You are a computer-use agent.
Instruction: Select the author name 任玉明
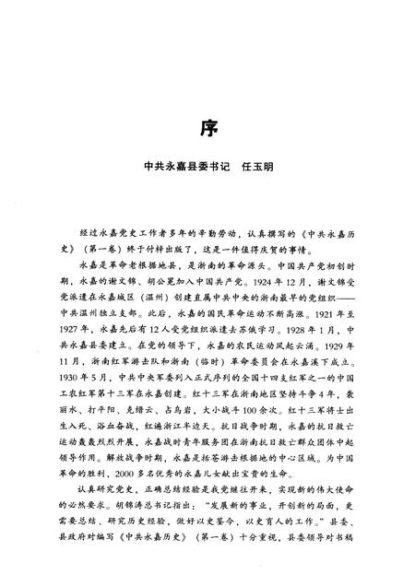[x=254, y=169]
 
